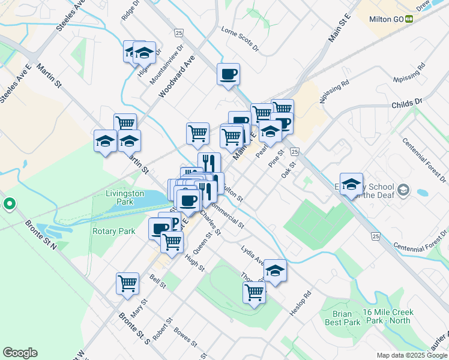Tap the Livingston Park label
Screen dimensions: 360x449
tap(125, 198)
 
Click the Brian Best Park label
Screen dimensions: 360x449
tap(346, 318)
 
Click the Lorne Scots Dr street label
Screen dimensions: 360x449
tap(240, 38)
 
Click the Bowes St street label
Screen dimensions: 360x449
tap(185, 337)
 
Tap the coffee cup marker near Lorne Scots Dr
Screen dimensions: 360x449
tap(228, 74)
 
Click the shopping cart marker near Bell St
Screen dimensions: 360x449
tap(127, 283)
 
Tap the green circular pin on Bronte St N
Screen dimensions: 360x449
tap(9, 205)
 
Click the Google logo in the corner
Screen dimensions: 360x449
tap(20, 353)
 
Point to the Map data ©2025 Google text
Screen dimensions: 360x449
tap(412, 355)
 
